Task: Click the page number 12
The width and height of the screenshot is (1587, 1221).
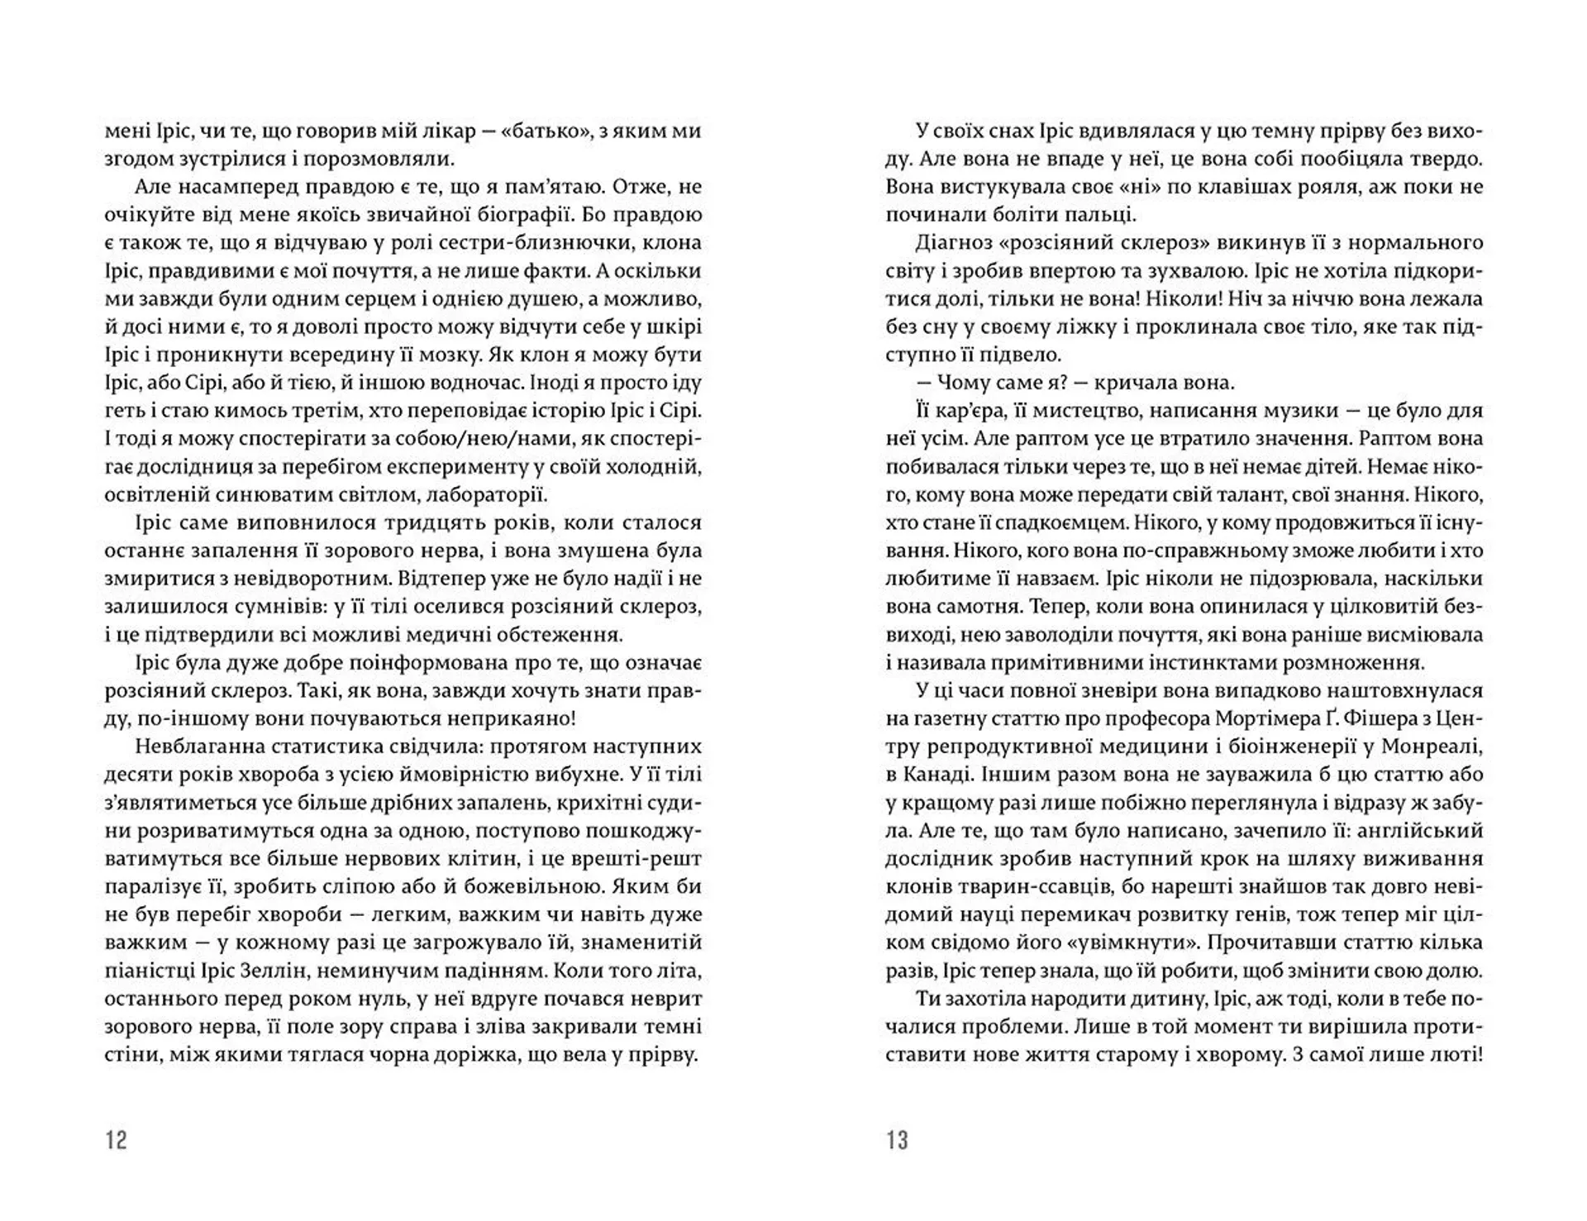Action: coord(117,1141)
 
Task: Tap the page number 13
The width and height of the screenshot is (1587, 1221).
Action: coord(898,1141)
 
